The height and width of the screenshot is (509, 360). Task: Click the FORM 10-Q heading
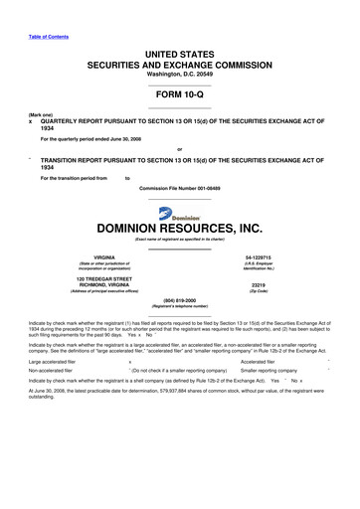(x=179, y=98)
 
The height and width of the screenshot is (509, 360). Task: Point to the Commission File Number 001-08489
(x=180, y=187)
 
